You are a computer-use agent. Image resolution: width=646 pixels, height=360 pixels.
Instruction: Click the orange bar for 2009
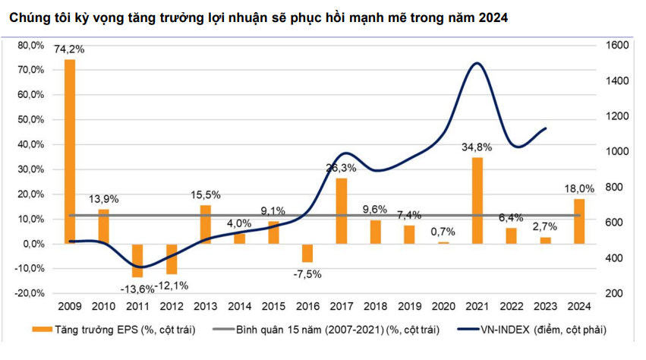click(69, 151)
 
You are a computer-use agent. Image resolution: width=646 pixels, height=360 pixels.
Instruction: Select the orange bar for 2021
click(477, 201)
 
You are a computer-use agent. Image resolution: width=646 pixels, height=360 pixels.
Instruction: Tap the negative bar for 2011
click(137, 261)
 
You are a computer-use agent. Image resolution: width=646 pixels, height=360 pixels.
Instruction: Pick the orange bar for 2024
click(579, 221)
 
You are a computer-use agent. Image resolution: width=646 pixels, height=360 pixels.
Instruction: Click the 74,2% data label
click(69, 49)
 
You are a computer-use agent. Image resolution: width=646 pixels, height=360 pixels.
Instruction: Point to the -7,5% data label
click(307, 273)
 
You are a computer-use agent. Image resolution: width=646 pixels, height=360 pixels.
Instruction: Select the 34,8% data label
click(477, 147)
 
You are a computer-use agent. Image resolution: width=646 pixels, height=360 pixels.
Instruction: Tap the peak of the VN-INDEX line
click(476, 63)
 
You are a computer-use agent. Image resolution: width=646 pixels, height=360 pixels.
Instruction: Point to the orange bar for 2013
click(205, 224)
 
